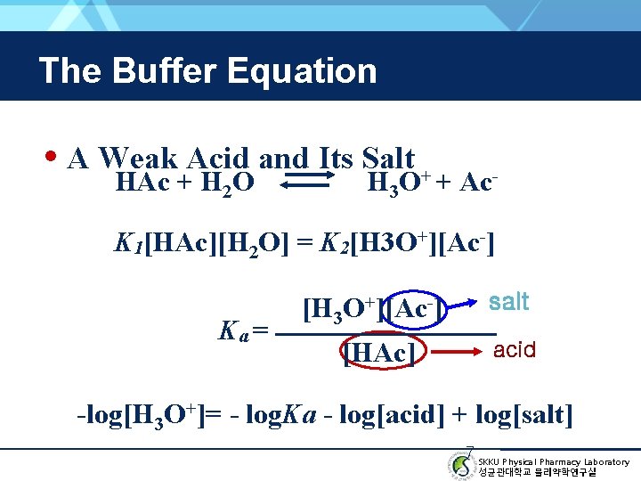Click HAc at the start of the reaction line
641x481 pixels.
coord(144,183)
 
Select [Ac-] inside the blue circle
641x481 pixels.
coord(414,310)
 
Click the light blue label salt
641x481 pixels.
coord(509,302)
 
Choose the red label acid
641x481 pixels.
coord(515,349)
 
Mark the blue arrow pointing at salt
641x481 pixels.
coord(466,308)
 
